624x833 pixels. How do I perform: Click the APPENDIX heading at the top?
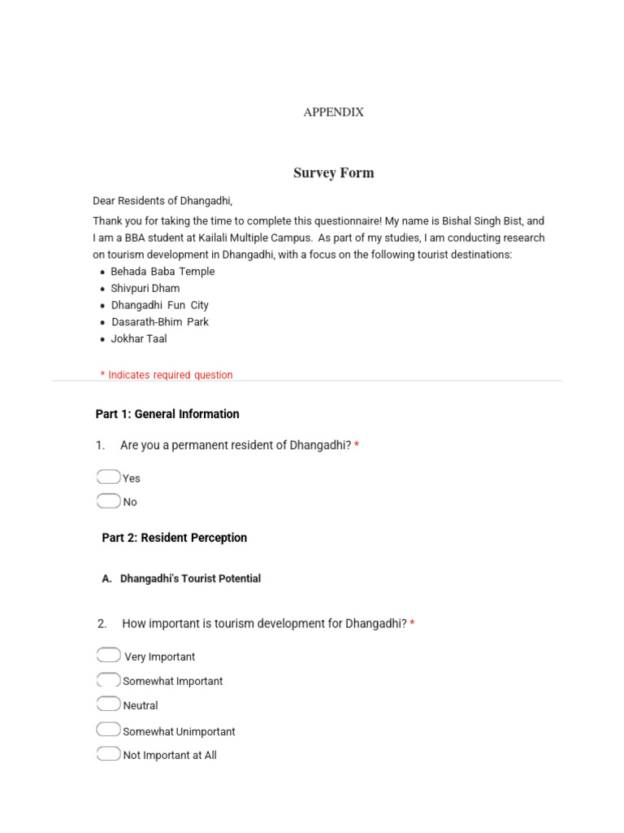tap(333, 112)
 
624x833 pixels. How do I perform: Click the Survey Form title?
tap(333, 172)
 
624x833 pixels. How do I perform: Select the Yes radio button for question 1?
tap(108, 477)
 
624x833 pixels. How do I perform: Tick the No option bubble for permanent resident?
tap(108, 501)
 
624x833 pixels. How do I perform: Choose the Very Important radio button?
tap(108, 656)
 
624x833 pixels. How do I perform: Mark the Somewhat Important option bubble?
tap(108, 680)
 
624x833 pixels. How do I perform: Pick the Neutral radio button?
tap(108, 704)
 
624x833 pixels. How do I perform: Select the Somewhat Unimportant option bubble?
tap(108, 730)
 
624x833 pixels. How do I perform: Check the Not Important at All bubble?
tap(108, 754)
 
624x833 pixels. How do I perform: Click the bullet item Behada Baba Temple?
tap(162, 272)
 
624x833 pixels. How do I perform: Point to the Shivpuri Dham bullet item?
tap(145, 288)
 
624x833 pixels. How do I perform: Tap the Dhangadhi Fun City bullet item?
tap(159, 305)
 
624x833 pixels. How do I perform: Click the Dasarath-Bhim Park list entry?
tap(160, 321)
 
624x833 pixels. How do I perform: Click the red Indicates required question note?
tap(167, 375)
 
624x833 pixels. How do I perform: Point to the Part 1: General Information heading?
tap(167, 414)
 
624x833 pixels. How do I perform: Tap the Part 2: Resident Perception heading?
tap(174, 538)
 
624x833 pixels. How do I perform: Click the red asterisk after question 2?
tap(412, 624)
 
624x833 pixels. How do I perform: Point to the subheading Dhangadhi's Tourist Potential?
tap(190, 578)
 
